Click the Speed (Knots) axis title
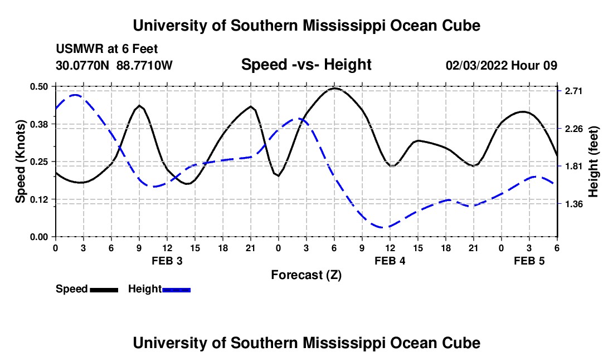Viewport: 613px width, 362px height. pyautogui.click(x=21, y=162)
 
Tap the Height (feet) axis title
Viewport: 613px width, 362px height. pyautogui.click(x=593, y=162)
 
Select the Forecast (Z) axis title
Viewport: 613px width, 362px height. pyautogui.click(x=306, y=275)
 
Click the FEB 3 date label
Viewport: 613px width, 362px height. pyautogui.click(x=167, y=261)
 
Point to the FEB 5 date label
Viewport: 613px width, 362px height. pyautogui.click(x=529, y=261)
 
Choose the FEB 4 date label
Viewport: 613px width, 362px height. pyautogui.click(x=390, y=261)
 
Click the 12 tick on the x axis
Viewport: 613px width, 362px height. pyautogui.click(x=390, y=247)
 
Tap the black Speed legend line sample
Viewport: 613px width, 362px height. pyautogui.click(x=104, y=290)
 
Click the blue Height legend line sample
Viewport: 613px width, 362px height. pyautogui.click(x=176, y=290)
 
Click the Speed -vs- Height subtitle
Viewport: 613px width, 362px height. pyautogui.click(x=306, y=65)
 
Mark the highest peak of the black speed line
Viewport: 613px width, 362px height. pyautogui.click(x=334, y=88)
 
